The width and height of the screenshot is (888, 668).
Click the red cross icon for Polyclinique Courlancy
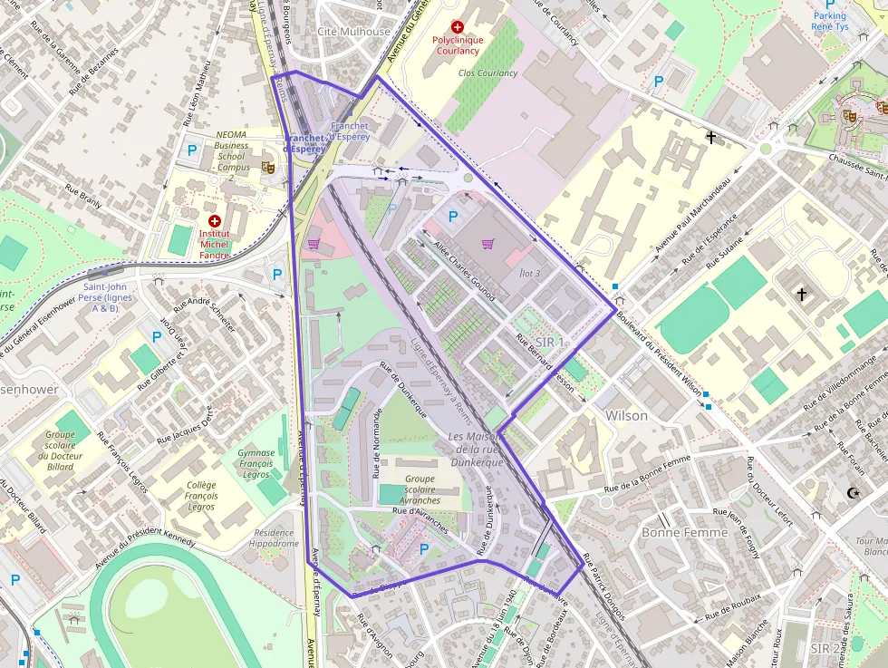coord(458,28)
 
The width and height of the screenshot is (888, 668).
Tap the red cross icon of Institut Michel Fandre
coord(215,221)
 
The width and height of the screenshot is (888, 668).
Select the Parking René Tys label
coord(829,22)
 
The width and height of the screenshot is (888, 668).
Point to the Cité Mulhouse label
coord(353,32)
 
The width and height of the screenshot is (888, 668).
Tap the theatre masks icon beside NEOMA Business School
coord(267,167)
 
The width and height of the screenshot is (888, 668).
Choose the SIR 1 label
coord(549,342)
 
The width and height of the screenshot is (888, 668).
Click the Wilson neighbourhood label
coord(626,416)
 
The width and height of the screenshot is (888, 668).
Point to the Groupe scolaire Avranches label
coord(420,489)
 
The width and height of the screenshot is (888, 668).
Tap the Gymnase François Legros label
coord(256,463)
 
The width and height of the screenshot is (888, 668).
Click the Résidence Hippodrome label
coord(274,538)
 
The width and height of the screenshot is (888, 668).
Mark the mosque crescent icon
coord(851,493)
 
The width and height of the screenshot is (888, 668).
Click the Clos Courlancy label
coord(487,73)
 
